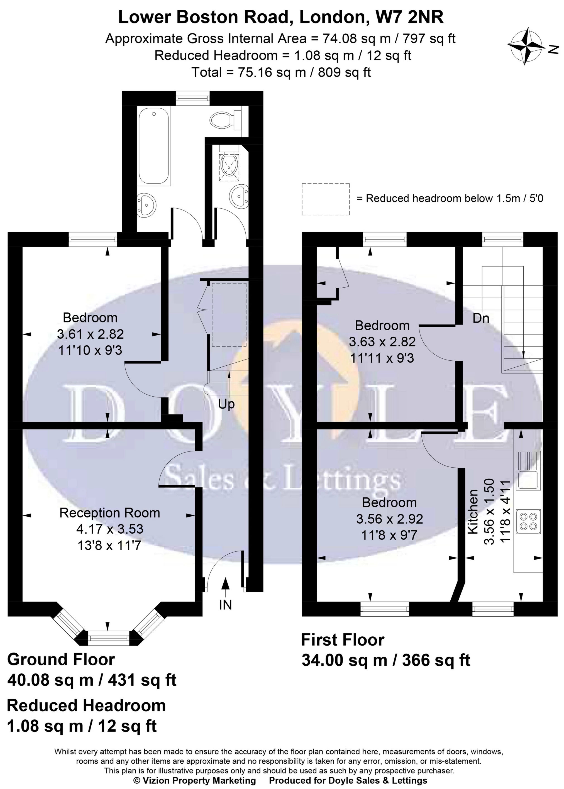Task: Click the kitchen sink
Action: [528, 471]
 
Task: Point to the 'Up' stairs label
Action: [226, 404]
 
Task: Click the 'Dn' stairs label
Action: [481, 318]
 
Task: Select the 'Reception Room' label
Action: [109, 513]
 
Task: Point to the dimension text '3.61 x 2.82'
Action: [90, 334]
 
